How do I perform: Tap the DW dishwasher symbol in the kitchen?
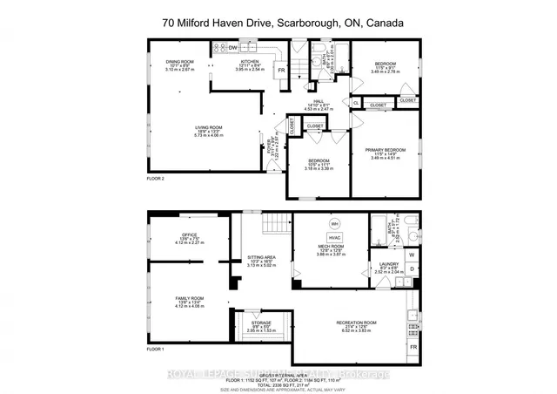[x=232, y=49]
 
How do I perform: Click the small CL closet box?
[x=356, y=104]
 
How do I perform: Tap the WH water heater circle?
[x=333, y=222]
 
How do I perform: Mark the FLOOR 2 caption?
[x=156, y=177]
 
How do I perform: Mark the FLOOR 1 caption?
[x=156, y=349]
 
